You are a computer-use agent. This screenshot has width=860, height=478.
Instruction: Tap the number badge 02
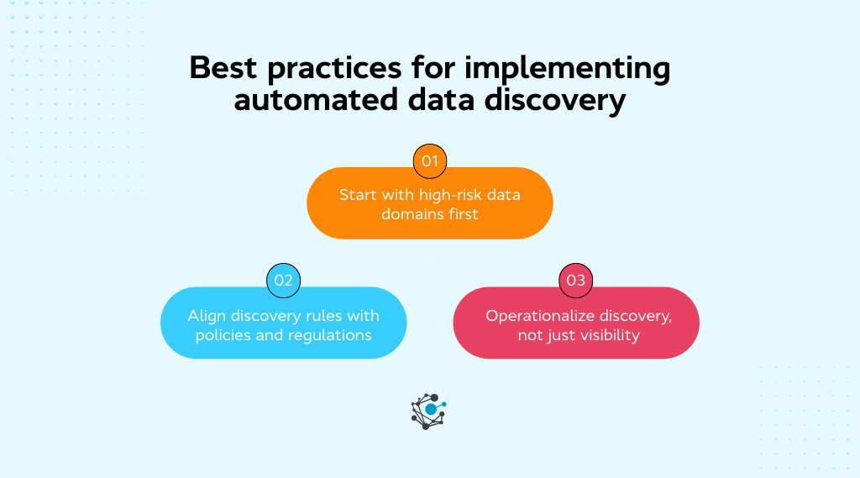pos(283,281)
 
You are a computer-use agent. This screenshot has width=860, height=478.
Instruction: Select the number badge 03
pos(575,281)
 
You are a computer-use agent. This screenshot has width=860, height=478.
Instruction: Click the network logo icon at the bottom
pos(428,411)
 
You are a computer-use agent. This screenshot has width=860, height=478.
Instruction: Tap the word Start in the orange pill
pos(357,195)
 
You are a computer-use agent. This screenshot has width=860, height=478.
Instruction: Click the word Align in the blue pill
pos(207,316)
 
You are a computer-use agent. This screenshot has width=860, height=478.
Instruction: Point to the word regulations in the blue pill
pos(329,335)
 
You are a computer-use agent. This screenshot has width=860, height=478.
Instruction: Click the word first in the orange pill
pos(463,214)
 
